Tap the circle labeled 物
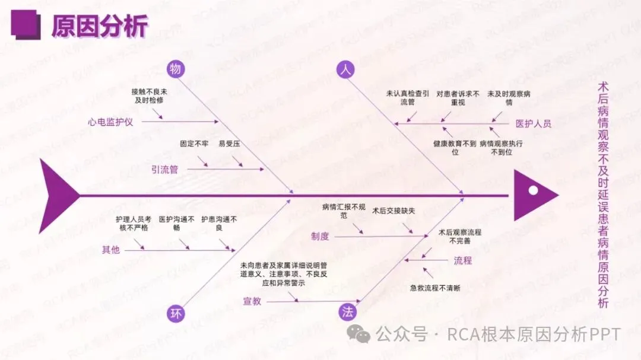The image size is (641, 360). click(175, 69)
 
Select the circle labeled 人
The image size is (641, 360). click(345, 69)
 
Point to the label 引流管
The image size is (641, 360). click(164, 170)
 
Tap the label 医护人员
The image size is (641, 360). click(533, 124)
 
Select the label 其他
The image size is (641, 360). click(111, 250)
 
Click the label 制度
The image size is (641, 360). click(320, 236)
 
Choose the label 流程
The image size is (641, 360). click(463, 260)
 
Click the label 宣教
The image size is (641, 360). click(252, 301)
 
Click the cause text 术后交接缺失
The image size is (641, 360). click(394, 211)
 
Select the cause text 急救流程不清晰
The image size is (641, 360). click(435, 288)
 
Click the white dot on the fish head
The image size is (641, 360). click(533, 190)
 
